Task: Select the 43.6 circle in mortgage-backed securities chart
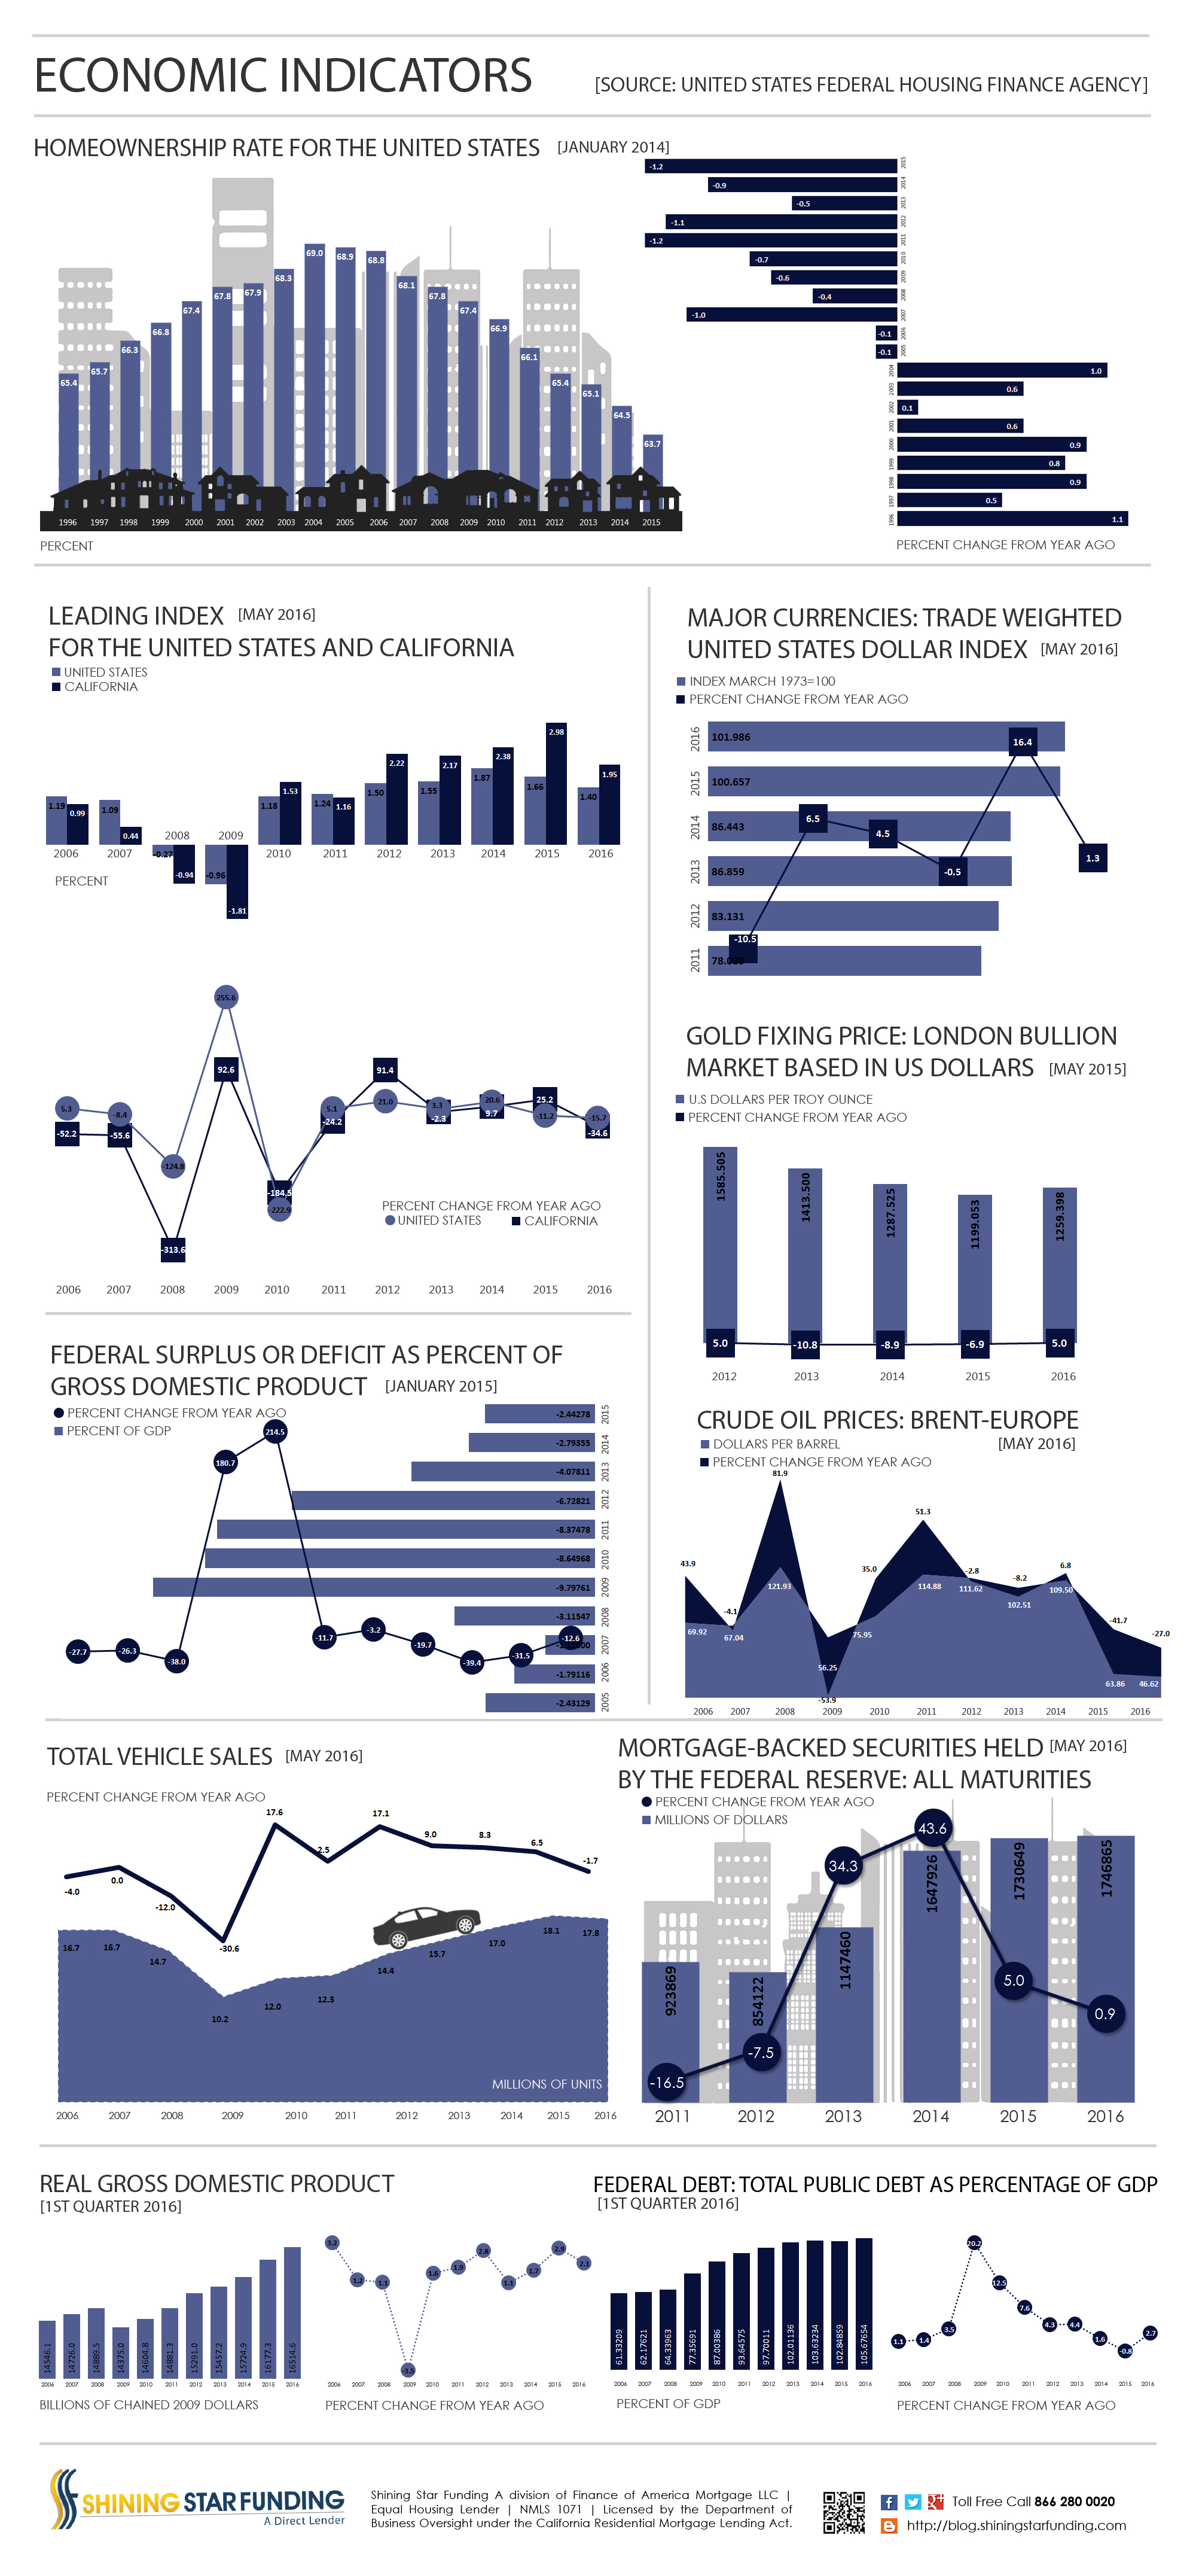coord(932,1828)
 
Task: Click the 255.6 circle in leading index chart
coord(227,997)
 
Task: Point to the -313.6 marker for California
coord(173,1249)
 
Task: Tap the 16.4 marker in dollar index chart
coord(1023,742)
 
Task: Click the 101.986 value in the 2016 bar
coord(731,737)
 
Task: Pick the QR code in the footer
coord(844,2512)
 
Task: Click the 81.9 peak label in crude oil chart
coord(780,1474)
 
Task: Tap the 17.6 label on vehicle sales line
coord(274,1812)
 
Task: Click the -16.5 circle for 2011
coord(666,2083)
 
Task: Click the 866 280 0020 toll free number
coord(1074,2501)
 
